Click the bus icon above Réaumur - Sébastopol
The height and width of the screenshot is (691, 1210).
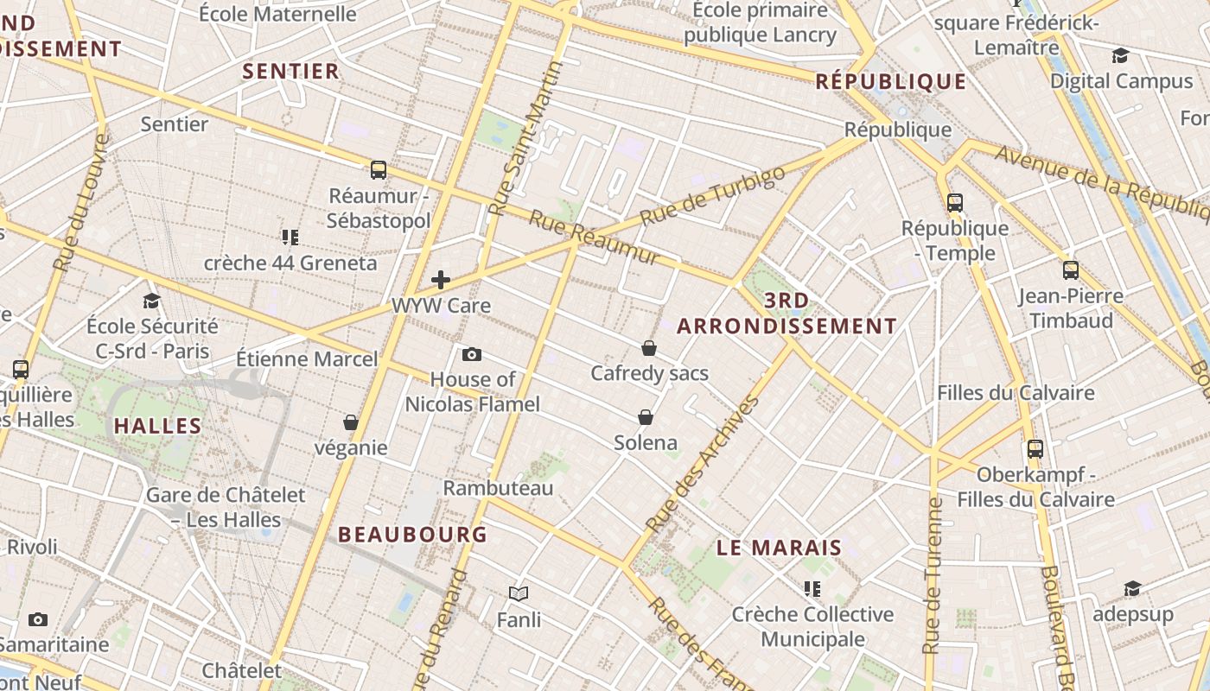pyautogui.click(x=378, y=169)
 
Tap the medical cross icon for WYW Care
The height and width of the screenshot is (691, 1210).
pyautogui.click(x=441, y=279)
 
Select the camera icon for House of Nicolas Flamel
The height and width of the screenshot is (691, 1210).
pyautogui.click(x=472, y=354)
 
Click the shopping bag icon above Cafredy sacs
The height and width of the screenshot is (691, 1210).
pyautogui.click(x=649, y=348)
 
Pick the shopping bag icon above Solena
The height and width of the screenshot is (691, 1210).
pyautogui.click(x=646, y=417)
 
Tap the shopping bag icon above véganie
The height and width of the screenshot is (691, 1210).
pyautogui.click(x=351, y=422)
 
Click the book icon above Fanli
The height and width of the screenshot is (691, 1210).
pyautogui.click(x=519, y=593)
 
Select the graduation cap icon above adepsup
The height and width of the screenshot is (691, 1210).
pyautogui.click(x=1132, y=589)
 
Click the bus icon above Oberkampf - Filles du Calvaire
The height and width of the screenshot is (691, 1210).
pyautogui.click(x=1035, y=449)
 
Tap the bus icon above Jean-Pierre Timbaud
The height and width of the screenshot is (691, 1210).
pyautogui.click(x=1071, y=270)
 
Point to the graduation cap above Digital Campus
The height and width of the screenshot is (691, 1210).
pyautogui.click(x=1121, y=56)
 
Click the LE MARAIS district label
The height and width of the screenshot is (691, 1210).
pyautogui.click(x=779, y=548)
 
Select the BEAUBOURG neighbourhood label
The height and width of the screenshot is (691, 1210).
pyautogui.click(x=413, y=534)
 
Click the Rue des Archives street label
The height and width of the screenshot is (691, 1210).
pyautogui.click(x=703, y=464)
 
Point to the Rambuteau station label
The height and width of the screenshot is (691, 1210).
pyautogui.click(x=498, y=488)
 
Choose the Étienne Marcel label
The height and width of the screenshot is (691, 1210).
pyautogui.click(x=307, y=358)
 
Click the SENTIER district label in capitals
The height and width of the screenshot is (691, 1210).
pyautogui.click(x=291, y=71)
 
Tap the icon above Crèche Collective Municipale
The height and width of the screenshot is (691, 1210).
pyautogui.click(x=812, y=589)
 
